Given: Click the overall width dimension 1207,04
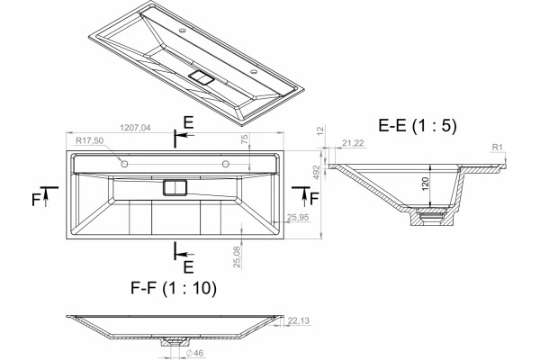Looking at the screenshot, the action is pos(135,128).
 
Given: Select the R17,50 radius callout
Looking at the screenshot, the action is pos(89,140).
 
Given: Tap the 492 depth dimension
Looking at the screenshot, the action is pos(317,172).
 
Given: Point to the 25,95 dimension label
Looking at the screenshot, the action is pos(298,218).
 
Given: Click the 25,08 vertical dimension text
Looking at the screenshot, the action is pos(237,257).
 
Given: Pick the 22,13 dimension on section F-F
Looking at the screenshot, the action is pos(299,320).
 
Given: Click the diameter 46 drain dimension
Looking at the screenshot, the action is pos(195,353).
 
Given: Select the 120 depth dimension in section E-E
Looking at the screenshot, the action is pos(425,184).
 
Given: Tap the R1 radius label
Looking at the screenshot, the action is pos(498,148).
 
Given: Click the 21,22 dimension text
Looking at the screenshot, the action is pos(353,143).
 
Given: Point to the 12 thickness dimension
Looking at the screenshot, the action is pos(320,130).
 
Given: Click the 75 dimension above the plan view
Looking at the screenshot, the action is pos(244,139).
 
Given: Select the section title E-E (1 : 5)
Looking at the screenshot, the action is pos(418,125).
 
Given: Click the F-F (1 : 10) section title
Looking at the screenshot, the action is pos(174,288).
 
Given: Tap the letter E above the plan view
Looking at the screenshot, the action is pos(188,122).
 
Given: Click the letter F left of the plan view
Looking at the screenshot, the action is pos(36,200).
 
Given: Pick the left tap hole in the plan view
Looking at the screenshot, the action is pos(124,164).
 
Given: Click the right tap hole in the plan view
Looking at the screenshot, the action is pos(226,164).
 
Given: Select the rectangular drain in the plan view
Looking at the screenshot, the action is pos(175,188).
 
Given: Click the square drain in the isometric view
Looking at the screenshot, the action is pos(202,78).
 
